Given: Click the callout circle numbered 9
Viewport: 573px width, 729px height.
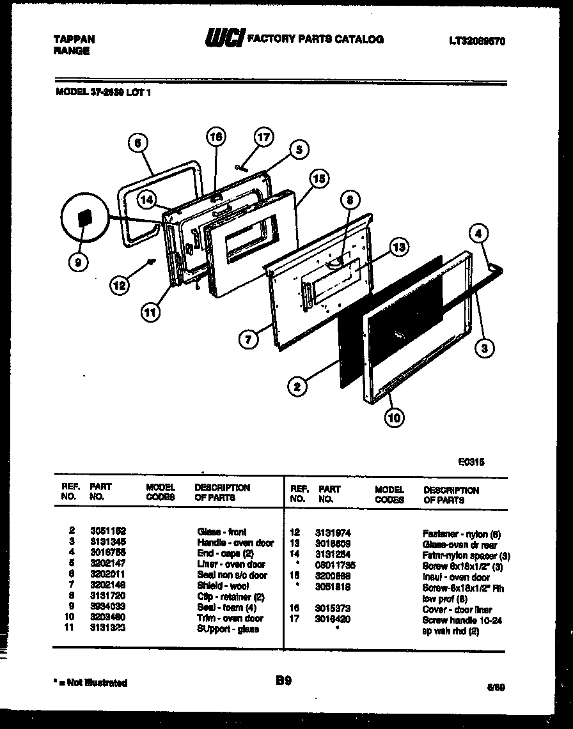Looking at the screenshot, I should [80, 261].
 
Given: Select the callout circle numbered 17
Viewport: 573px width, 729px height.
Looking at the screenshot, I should [263, 137].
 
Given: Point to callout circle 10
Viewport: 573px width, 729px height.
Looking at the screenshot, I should [395, 418].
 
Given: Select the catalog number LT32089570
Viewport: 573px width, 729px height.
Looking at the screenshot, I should [477, 40].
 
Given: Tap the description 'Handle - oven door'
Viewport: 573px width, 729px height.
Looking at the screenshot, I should [235, 542].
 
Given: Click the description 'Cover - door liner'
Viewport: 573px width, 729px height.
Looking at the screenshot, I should [457, 610].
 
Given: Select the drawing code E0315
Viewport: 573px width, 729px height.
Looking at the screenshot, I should [471, 459].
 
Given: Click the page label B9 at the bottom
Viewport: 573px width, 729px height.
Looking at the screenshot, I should [283, 681].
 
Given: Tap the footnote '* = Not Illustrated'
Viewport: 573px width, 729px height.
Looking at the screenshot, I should [90, 682].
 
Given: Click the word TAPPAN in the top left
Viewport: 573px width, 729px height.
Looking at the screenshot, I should [73, 40].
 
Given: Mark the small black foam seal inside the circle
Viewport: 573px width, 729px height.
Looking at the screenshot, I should [83, 219].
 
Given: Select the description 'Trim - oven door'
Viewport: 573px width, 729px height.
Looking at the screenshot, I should [230, 618].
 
